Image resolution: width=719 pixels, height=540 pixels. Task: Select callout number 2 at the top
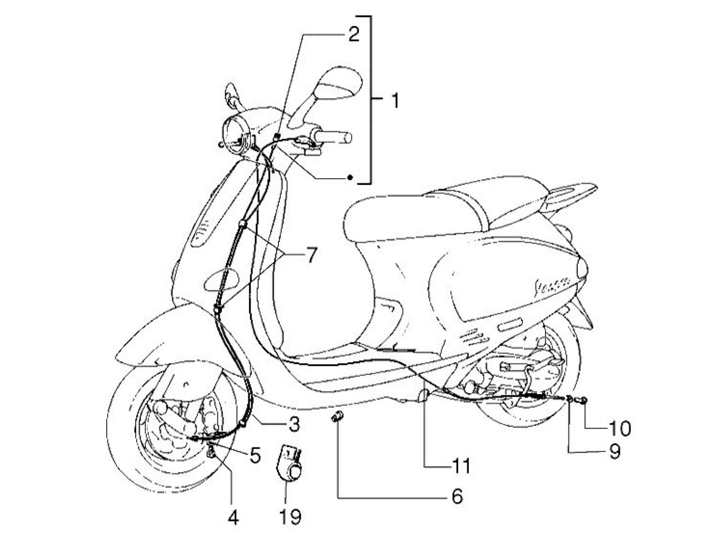coord(353,34)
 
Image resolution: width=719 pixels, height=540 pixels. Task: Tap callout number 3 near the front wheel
coord(293,424)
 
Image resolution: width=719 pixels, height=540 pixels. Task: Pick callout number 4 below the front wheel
coord(233,517)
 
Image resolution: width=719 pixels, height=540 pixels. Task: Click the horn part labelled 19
coord(291,464)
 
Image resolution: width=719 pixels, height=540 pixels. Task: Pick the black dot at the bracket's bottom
coord(350,178)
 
